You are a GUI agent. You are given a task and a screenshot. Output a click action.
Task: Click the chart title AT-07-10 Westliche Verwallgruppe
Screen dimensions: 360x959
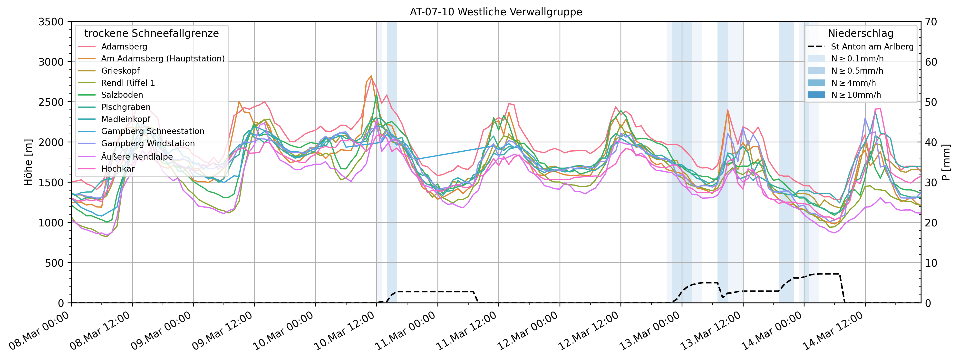tap(496, 12)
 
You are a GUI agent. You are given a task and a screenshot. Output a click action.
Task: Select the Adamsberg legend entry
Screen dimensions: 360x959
tap(124, 47)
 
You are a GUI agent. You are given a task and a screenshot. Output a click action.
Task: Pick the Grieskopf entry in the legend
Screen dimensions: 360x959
tap(120, 71)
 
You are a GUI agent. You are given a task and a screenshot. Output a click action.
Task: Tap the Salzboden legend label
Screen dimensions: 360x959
tap(122, 95)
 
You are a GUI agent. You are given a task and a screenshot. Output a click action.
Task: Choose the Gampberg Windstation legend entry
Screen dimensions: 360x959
tap(148, 143)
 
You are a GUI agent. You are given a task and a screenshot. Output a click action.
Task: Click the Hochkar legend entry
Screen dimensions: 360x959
tap(118, 169)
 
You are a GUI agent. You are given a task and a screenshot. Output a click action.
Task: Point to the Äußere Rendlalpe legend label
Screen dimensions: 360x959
tap(137, 157)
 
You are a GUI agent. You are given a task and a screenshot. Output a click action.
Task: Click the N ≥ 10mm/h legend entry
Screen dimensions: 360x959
tap(856, 95)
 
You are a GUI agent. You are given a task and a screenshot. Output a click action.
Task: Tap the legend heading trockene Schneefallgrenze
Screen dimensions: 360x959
tap(152, 33)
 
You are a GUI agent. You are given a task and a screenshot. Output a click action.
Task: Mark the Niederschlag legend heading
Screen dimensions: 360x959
tap(860, 33)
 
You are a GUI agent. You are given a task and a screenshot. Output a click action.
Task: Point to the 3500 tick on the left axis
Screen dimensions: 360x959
tap(51, 22)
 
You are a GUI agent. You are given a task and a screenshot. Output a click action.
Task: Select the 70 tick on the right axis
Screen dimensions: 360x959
tap(931, 22)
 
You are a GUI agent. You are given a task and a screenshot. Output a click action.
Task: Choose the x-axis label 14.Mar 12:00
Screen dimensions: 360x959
tap(833, 331)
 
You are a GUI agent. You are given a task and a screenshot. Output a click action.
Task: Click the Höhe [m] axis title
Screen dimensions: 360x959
tap(28, 162)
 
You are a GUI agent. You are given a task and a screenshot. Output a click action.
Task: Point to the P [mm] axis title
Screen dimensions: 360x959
tap(947, 162)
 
